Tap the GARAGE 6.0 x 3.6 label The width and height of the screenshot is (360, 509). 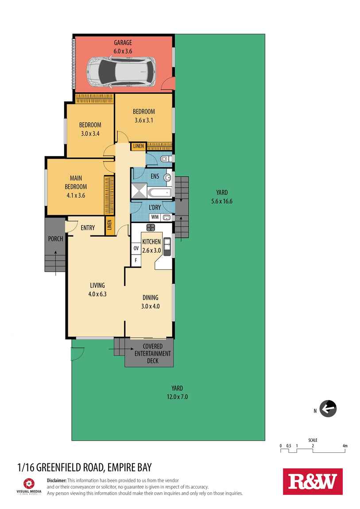[123, 47]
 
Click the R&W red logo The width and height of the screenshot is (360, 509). [313, 481]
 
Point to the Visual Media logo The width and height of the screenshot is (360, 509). [29, 485]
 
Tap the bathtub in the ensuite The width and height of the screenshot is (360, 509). [159, 193]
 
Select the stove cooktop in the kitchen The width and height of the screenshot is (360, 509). [151, 228]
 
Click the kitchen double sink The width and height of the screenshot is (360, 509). [167, 246]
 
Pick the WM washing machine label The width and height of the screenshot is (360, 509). [155, 217]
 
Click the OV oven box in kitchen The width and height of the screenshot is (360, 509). [136, 248]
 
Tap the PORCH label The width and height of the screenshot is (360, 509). [55, 239]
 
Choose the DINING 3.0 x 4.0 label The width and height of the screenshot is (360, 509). [150, 302]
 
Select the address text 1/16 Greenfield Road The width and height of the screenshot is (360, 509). [84, 467]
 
